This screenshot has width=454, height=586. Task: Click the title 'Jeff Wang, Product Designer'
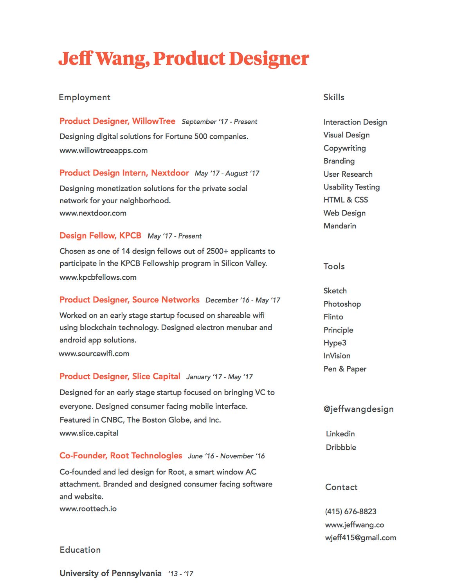tap(184, 59)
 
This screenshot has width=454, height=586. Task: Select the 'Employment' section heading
tap(85, 97)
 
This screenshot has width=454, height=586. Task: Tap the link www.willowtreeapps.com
tap(103, 150)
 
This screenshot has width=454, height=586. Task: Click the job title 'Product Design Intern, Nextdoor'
tap(124, 173)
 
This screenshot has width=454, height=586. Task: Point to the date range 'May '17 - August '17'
tap(227, 173)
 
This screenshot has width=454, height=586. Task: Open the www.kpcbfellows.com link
tap(98, 277)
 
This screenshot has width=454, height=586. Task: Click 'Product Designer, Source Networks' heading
tap(130, 300)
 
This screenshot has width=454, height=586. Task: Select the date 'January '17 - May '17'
tap(219, 377)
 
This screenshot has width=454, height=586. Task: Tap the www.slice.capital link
tap(89, 433)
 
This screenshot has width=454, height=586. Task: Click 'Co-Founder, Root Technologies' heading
tap(121, 456)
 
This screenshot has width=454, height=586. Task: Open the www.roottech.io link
tap(88, 509)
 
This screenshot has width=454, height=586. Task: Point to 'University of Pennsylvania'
tap(110, 573)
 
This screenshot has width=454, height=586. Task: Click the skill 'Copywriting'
tap(344, 148)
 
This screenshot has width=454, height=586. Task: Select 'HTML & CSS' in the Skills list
tap(346, 200)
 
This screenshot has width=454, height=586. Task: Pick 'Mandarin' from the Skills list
tap(340, 226)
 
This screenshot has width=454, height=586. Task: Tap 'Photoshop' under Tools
tap(342, 304)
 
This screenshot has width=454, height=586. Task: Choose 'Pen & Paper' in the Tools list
tap(345, 369)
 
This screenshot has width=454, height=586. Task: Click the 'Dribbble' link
tap(341, 447)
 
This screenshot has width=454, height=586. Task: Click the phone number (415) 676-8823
tap(351, 512)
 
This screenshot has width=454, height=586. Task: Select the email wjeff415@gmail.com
tap(360, 538)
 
